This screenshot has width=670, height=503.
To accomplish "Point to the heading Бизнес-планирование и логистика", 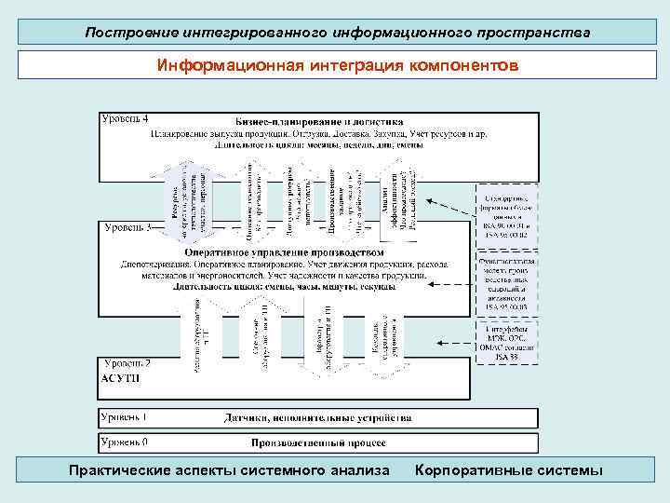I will click(x=319, y=121).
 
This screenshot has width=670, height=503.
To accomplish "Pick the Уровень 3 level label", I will click(x=129, y=227).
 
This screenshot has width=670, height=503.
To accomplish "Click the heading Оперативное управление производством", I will click(x=284, y=251).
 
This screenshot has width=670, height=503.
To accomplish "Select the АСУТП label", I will click(x=118, y=378).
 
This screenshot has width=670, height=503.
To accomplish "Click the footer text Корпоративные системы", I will click(x=508, y=469).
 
